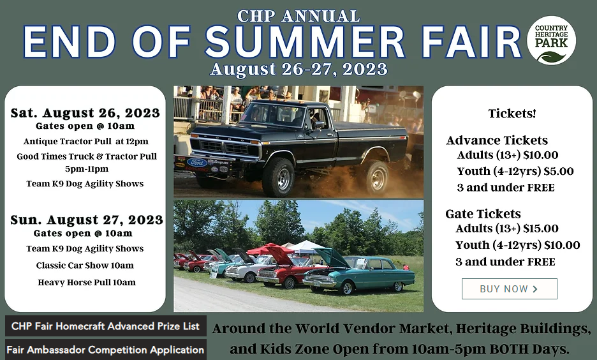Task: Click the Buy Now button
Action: [x=509, y=289]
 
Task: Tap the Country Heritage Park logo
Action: [x=551, y=40]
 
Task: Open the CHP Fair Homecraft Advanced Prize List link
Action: [x=105, y=326]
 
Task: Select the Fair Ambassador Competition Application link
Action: [x=105, y=350]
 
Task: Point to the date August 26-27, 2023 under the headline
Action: [x=299, y=70]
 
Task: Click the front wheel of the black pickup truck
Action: [x=278, y=177]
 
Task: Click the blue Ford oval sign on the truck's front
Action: [x=196, y=163]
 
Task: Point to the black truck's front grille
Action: [x=225, y=147]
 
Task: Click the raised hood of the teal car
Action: [x=331, y=257]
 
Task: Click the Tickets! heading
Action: [x=512, y=114]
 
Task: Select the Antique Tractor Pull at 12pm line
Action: [x=85, y=142]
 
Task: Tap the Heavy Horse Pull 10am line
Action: [x=87, y=283]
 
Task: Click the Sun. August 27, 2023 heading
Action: [x=87, y=220]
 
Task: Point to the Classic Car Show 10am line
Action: [x=85, y=266]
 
